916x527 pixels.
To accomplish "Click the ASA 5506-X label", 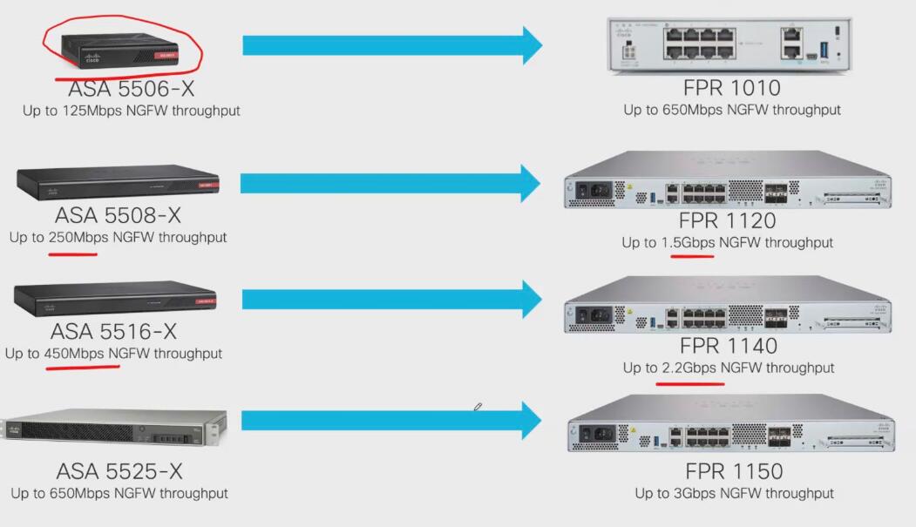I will (132, 89).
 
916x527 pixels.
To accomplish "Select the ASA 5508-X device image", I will (117, 181).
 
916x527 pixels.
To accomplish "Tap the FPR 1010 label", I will (731, 88).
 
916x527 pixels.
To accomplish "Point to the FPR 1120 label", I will (728, 220).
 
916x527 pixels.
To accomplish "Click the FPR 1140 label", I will (728, 346).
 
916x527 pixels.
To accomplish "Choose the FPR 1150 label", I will (734, 471).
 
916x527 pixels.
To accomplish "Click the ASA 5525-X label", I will (119, 471).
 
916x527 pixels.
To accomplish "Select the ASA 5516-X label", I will (114, 332).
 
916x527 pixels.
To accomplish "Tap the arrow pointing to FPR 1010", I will (392, 45).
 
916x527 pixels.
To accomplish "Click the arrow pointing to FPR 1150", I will (392, 421).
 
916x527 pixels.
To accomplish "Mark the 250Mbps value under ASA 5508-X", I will (73, 237).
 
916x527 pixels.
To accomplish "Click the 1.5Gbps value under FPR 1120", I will (688, 242).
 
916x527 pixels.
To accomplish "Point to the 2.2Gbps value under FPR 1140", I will (689, 368).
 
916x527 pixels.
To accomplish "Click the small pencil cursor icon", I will (478, 407).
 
